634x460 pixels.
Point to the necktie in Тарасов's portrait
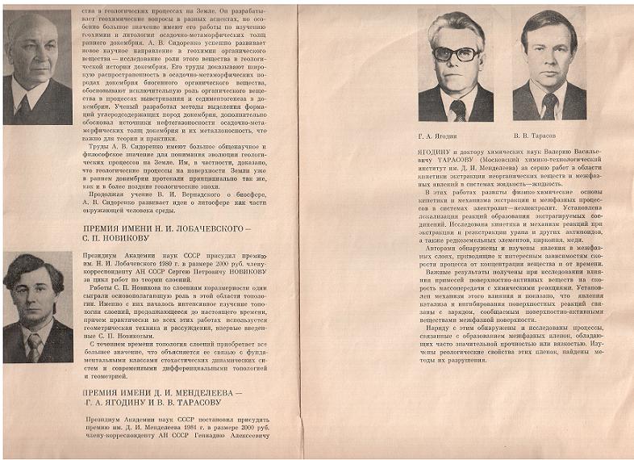click(x=548, y=103)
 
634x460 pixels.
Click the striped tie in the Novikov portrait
click(x=34, y=345)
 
